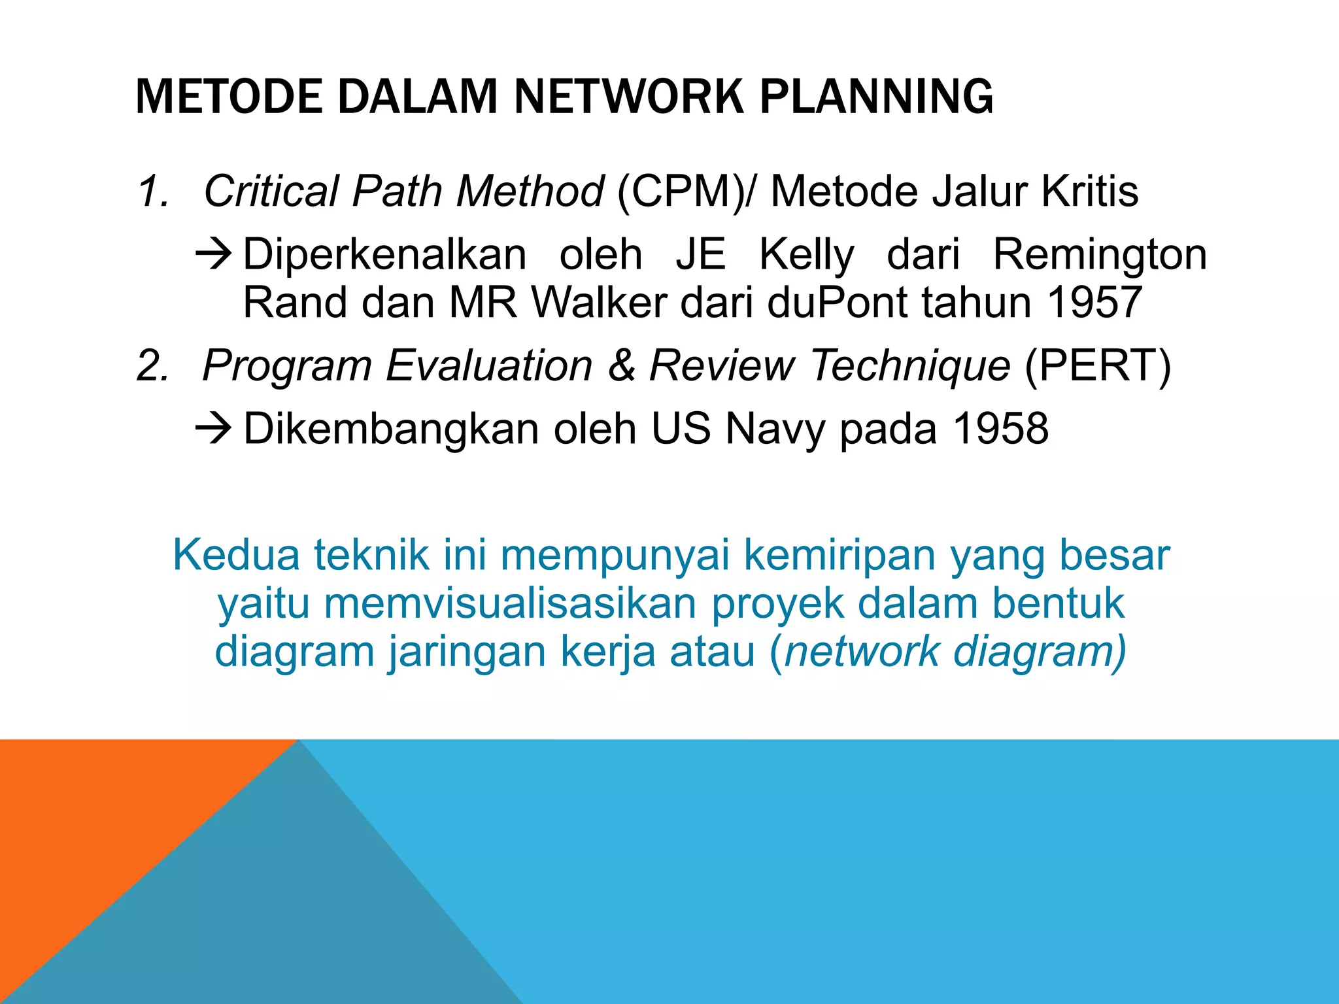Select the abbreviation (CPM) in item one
(x=680, y=191)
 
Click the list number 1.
(x=152, y=192)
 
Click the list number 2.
(x=152, y=365)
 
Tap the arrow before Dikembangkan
(x=214, y=429)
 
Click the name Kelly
(x=806, y=255)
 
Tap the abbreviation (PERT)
(x=1098, y=365)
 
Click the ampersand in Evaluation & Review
(x=621, y=365)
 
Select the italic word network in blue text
(x=860, y=652)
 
